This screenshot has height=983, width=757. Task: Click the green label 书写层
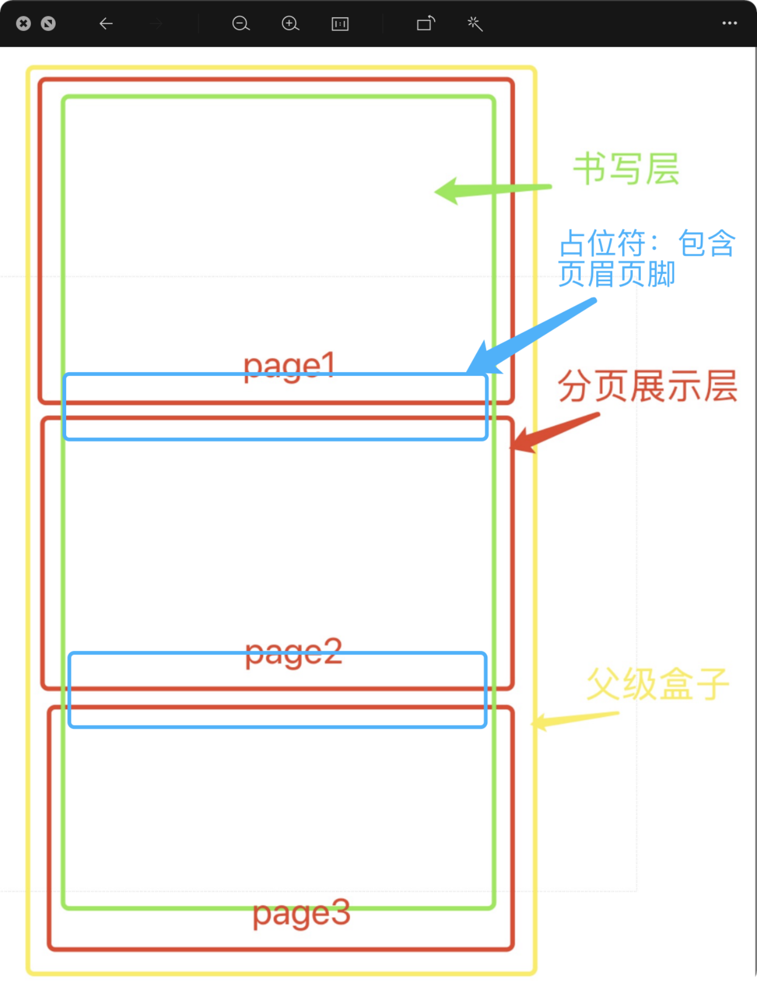[x=626, y=169]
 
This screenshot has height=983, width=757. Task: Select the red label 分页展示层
[x=647, y=386]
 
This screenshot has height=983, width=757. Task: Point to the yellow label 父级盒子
[x=658, y=684]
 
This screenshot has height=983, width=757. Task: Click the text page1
[x=289, y=365]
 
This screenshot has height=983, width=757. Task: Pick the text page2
[x=293, y=652]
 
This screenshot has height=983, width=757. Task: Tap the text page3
[x=301, y=914]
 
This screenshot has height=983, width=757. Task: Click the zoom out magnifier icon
[x=241, y=24]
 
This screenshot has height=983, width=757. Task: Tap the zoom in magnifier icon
[x=290, y=24]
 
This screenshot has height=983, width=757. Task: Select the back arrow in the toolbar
[x=106, y=24]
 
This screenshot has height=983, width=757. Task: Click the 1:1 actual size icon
[x=340, y=24]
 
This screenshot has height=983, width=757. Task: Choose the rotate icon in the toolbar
[x=426, y=24]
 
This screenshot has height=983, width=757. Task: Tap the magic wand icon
[x=475, y=24]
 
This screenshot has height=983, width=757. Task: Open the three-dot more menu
[x=730, y=23]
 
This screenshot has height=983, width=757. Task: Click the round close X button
[x=24, y=24]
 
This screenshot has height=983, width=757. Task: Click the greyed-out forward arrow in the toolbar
[x=156, y=24]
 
